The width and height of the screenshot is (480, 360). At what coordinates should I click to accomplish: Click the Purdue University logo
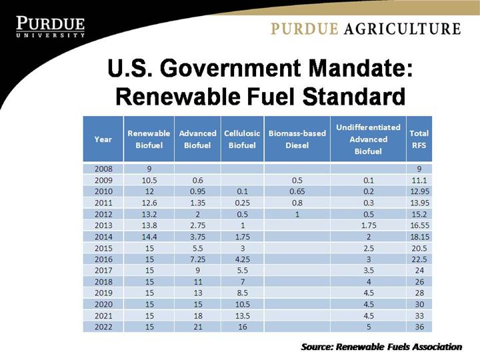pos(50,26)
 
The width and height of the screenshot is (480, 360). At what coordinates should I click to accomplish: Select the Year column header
pos(103,139)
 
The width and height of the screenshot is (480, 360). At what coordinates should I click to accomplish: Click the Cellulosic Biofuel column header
pos(242,139)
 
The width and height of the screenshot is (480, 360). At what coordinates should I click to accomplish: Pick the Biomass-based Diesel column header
pos(297,139)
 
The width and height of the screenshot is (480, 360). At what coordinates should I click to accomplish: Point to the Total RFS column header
pos(419,139)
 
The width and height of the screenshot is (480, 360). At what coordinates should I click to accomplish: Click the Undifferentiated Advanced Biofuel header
pos(368,139)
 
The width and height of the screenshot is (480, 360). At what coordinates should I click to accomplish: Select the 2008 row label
pos(103,169)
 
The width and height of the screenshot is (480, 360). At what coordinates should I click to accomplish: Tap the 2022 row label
pos(103,327)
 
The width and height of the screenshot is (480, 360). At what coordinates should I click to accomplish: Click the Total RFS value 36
pos(419,327)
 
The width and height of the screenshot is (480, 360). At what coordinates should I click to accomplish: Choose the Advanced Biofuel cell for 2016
pos(197,259)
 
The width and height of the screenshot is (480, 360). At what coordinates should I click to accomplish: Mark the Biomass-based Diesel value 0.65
pos(297,192)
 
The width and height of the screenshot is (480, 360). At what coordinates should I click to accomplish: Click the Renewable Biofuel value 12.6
pos(149,203)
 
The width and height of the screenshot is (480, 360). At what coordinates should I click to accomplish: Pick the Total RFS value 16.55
pos(419,225)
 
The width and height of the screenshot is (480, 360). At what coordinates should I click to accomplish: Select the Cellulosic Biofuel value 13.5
pos(242,315)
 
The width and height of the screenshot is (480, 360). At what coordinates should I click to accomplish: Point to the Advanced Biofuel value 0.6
pos(197,181)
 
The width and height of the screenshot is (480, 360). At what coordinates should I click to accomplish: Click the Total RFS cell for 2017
pos(419,271)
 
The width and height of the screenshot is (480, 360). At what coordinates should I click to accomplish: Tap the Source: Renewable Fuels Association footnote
pos(381,347)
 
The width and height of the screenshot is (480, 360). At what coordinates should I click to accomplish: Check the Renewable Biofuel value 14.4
pos(149,237)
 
